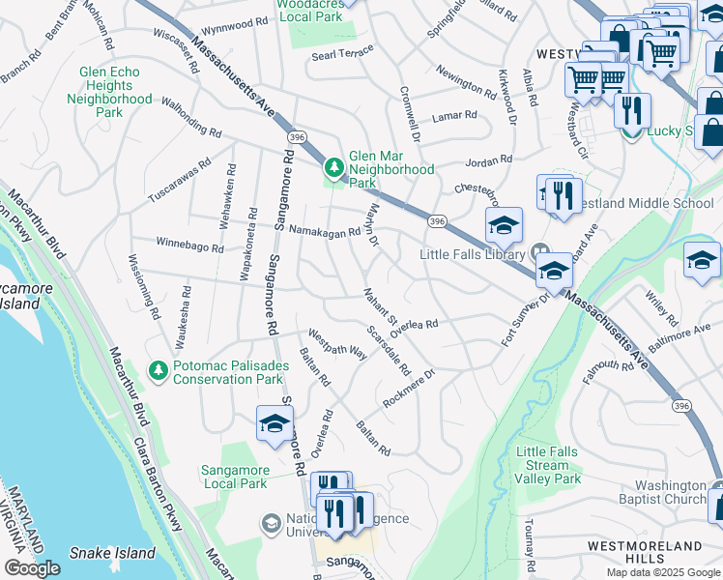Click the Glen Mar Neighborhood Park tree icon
(x=334, y=169)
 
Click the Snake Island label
(x=112, y=553)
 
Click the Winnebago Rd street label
(x=190, y=246)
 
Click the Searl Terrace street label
(x=342, y=56)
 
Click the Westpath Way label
(x=337, y=347)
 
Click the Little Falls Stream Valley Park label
(x=548, y=465)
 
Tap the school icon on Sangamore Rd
(x=275, y=425)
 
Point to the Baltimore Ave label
(x=680, y=336)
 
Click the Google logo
(x=32, y=568)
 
